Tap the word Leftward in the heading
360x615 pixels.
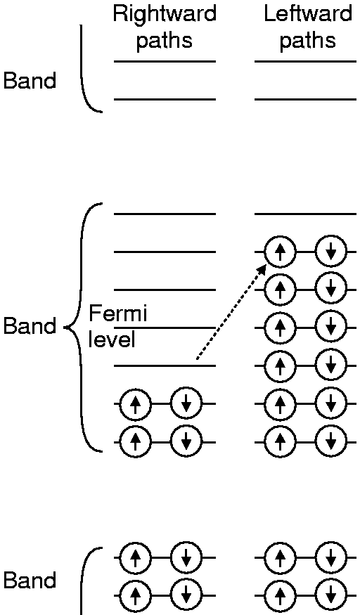coord(308,14)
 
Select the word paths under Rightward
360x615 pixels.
coord(165,40)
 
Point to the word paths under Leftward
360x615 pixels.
coord(308,40)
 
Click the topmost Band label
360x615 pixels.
coord(30,81)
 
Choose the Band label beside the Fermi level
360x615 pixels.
coord(30,326)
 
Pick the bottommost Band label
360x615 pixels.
coord(30,580)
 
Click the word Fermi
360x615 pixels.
coord(117,313)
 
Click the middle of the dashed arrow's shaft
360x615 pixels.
coord(231,312)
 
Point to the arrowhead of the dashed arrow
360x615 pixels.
coord(262,270)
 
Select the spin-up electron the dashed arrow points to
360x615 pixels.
coord(280,252)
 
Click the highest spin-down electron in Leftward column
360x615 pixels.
coord(331,252)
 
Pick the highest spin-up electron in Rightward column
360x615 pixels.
coord(135,403)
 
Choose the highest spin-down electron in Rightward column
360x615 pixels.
coord(186,403)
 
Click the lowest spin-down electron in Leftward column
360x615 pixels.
coord(331,596)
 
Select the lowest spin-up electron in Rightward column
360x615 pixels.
coord(135,596)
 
